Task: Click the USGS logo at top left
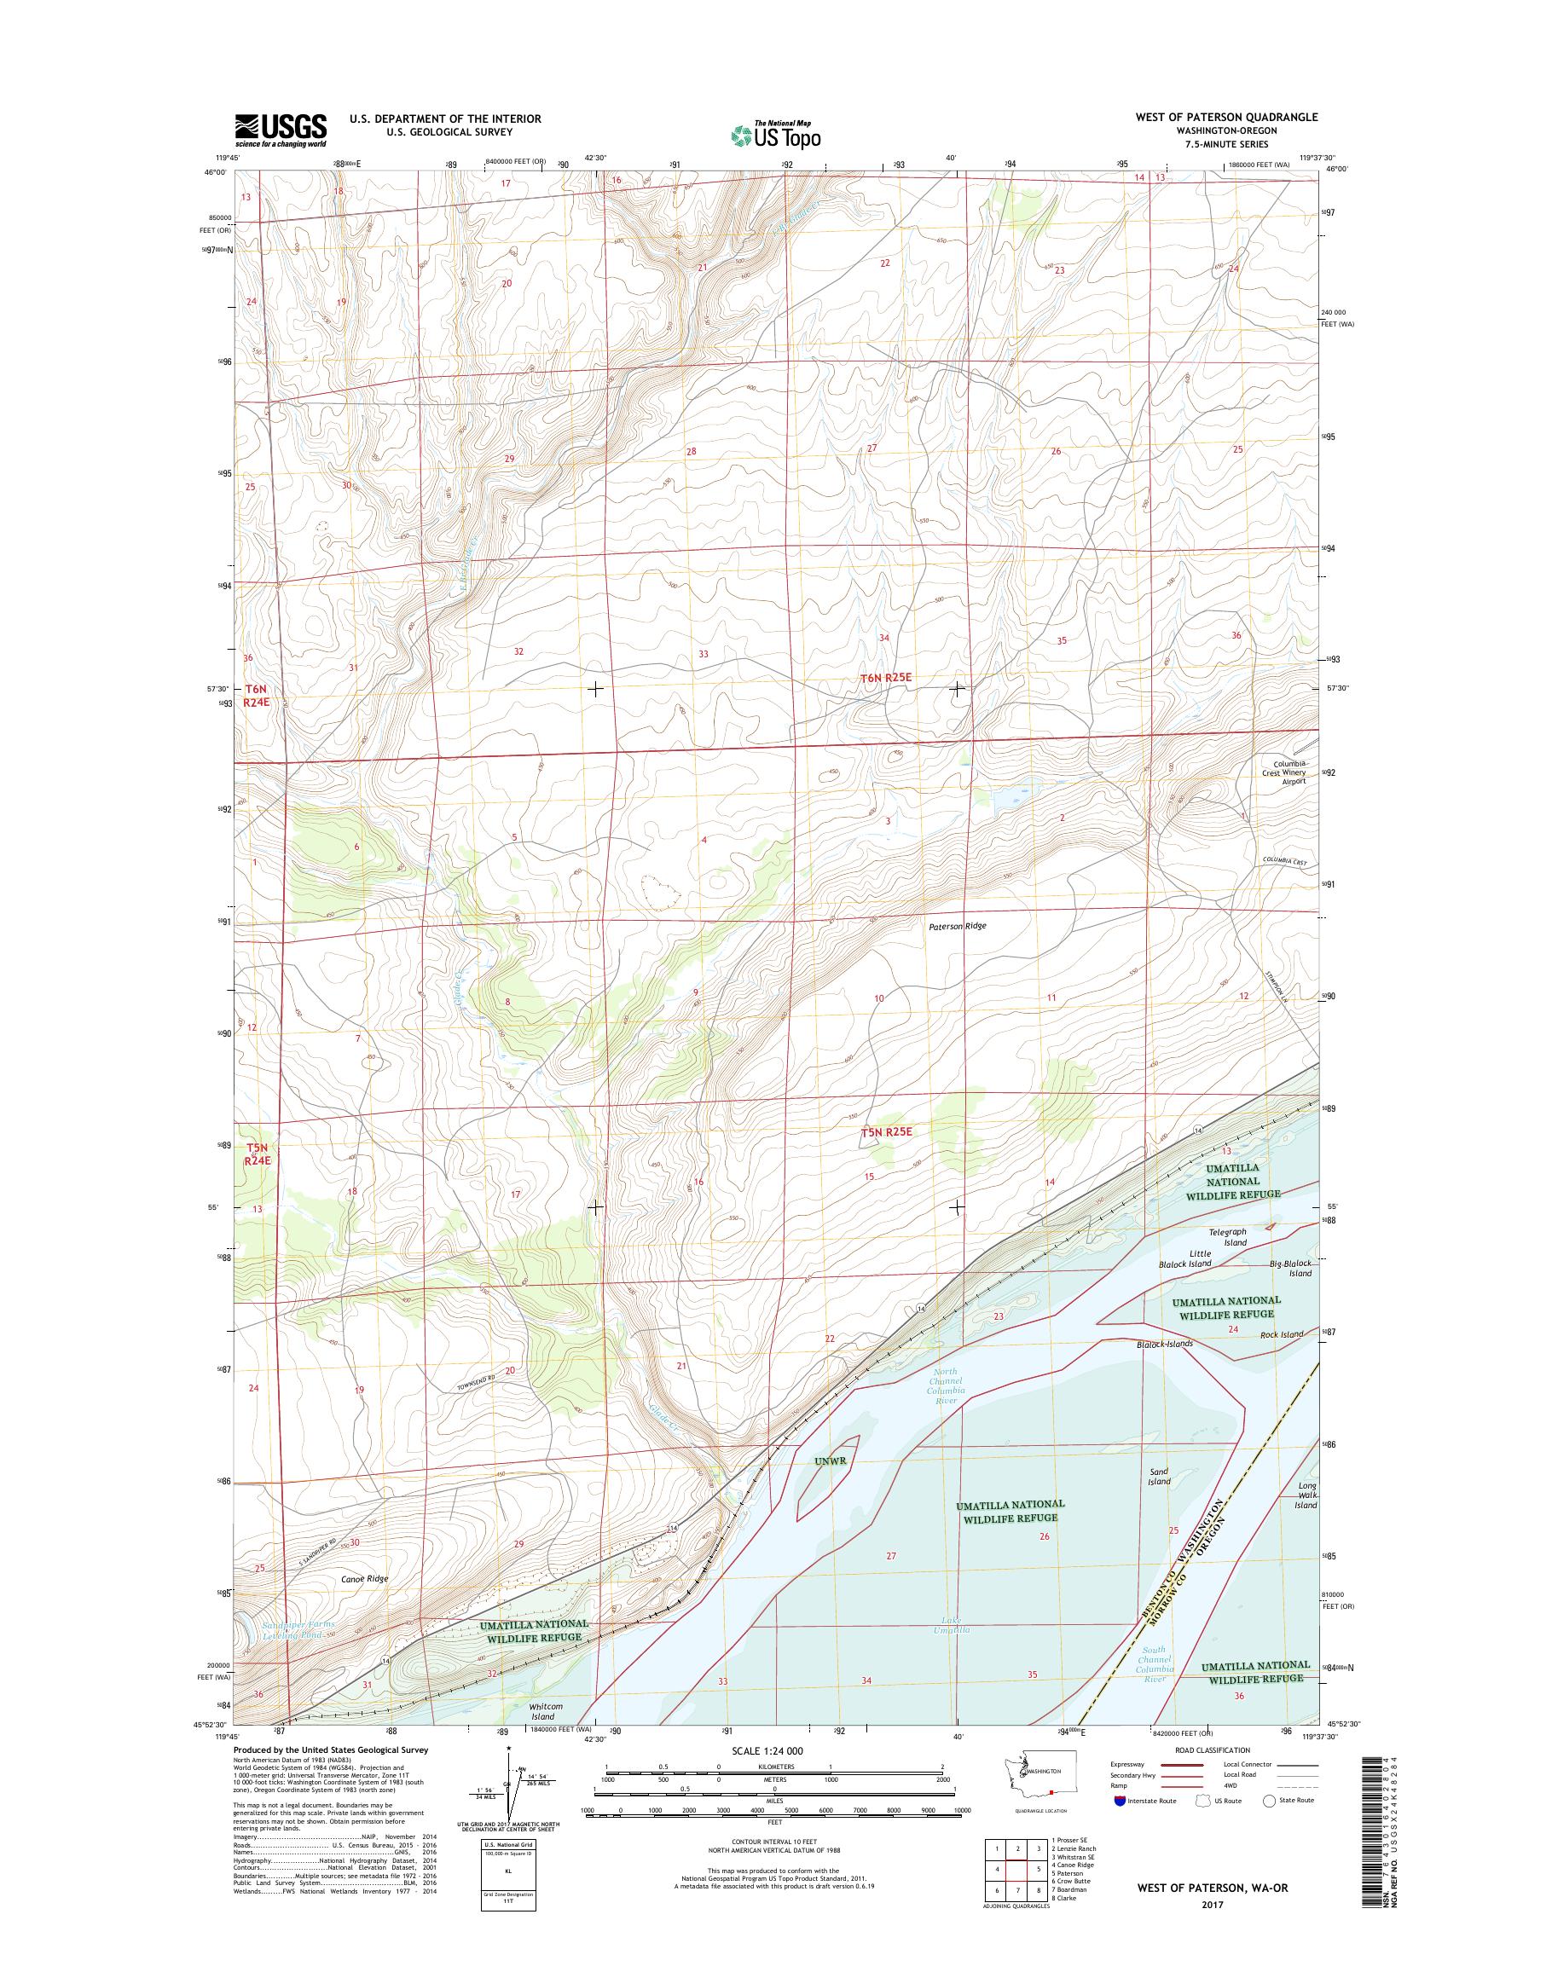click(281, 130)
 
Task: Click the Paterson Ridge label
click(957, 927)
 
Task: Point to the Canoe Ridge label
click(364, 1578)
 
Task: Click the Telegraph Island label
click(1228, 1236)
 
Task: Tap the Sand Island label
click(1159, 1477)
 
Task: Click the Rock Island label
click(1281, 1334)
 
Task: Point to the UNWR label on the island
click(831, 1462)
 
